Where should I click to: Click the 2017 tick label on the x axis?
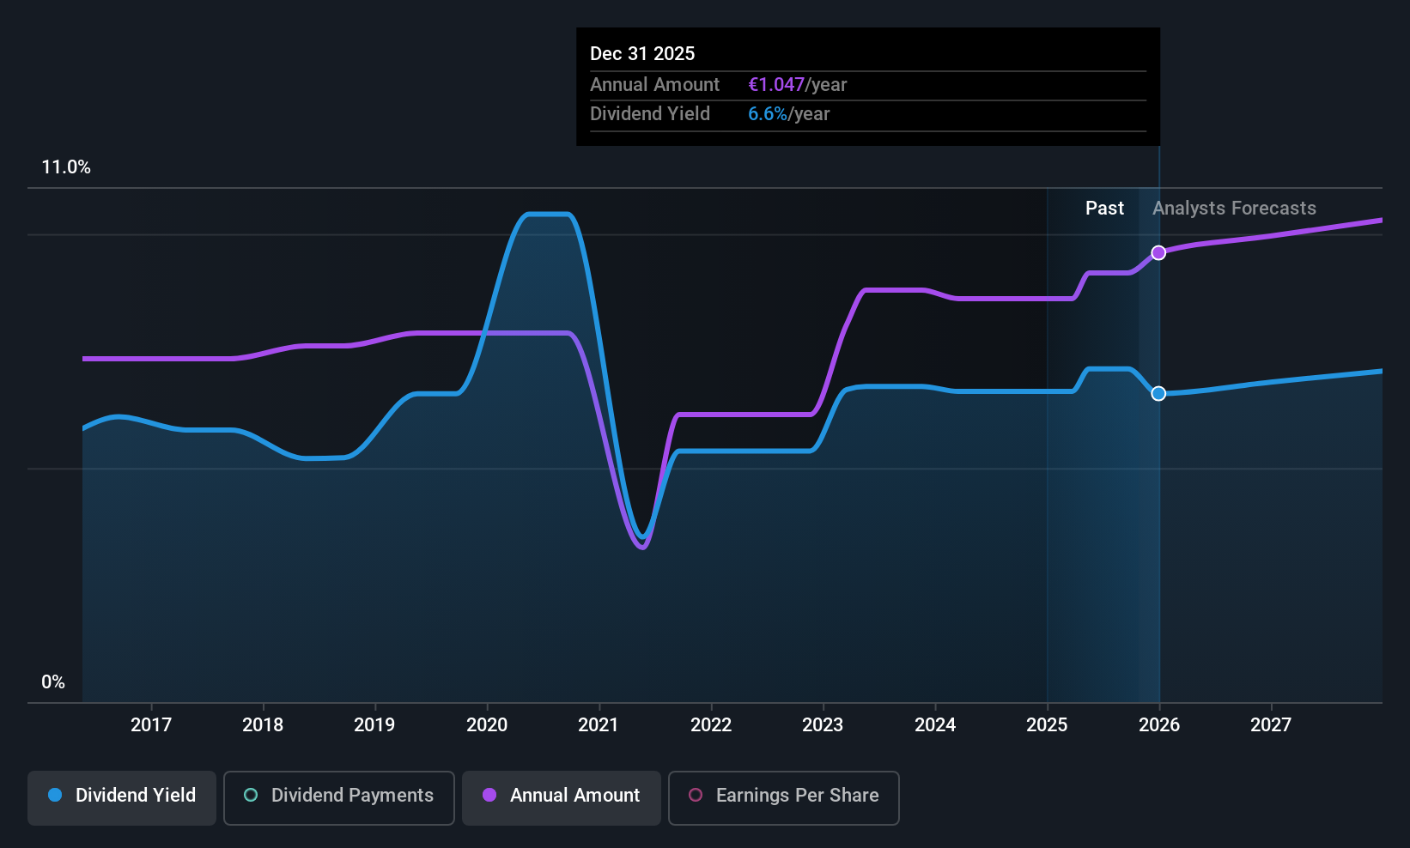(151, 724)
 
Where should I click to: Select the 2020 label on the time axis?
(487, 724)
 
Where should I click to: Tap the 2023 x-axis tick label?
(823, 724)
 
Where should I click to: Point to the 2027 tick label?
(1270, 724)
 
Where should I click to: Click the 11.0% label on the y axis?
(66, 167)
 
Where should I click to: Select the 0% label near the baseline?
(53, 682)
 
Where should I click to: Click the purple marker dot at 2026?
(1158, 252)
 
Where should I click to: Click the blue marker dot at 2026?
(1158, 393)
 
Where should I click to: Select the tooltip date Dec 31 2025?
(642, 53)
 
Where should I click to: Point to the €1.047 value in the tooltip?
(776, 84)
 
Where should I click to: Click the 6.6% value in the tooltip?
(767, 113)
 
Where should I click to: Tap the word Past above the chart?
(1104, 208)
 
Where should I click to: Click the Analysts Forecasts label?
(1234, 208)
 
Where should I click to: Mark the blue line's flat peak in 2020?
(548, 214)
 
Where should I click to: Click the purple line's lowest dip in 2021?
(642, 547)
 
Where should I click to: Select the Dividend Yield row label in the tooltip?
(650, 113)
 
